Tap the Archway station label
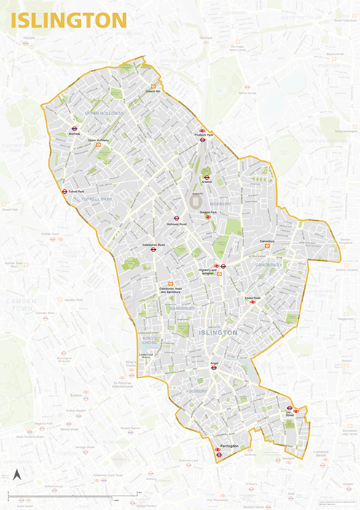(x=74, y=134)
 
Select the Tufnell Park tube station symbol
(x=65, y=192)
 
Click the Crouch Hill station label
(x=152, y=91)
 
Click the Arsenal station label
(x=207, y=183)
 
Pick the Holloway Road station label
(x=176, y=224)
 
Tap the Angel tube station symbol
(x=214, y=368)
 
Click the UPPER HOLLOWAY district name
(x=104, y=114)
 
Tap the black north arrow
(x=18, y=476)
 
